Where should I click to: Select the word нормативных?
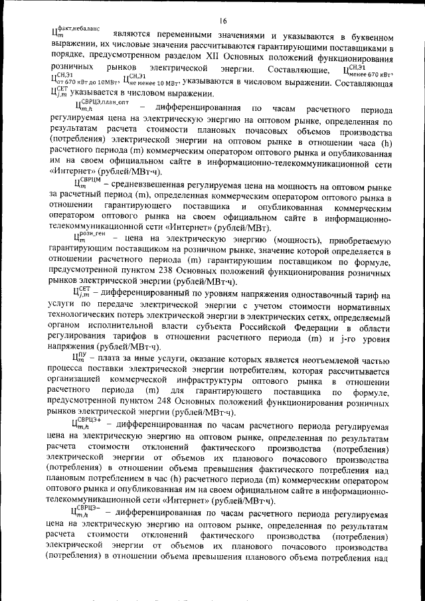362,306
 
